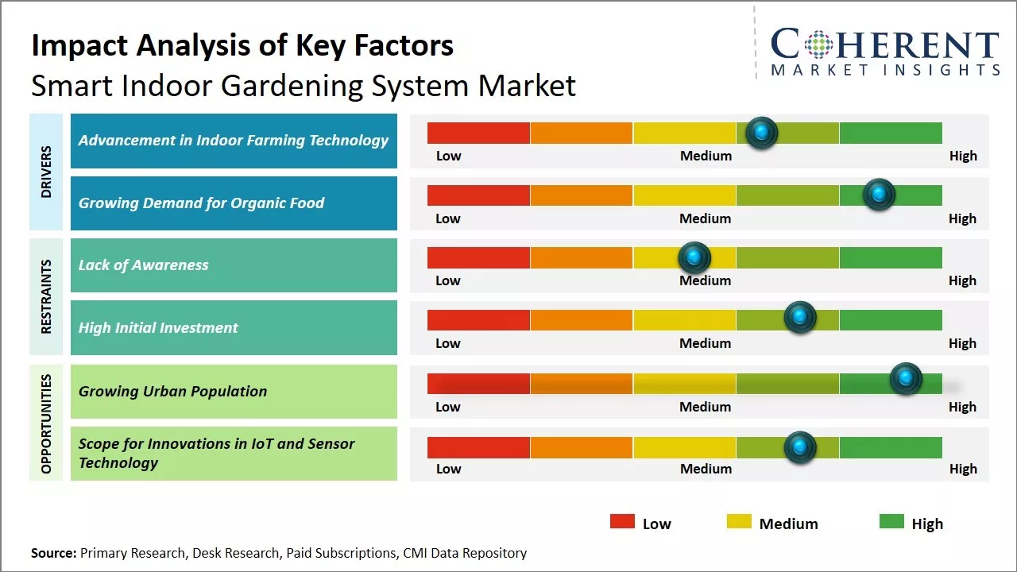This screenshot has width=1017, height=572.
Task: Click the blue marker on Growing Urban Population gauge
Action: tap(906, 379)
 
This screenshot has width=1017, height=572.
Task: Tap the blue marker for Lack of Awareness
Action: tap(694, 257)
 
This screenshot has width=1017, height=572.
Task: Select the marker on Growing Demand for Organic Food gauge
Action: tap(879, 195)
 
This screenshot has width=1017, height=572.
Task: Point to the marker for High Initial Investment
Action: tap(800, 318)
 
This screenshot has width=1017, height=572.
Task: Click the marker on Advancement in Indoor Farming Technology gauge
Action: tap(762, 133)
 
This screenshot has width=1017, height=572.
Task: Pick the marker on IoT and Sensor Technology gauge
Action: tap(800, 447)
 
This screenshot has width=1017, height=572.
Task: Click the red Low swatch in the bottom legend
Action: tap(622, 522)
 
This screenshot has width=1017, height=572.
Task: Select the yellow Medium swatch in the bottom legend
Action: tap(739, 522)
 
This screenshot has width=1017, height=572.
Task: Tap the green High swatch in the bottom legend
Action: tap(891, 522)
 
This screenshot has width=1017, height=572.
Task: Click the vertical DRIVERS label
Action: tap(46, 172)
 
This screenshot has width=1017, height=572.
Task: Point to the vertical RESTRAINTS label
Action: tap(46, 296)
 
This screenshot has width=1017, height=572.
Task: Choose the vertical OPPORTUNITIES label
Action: tap(46, 423)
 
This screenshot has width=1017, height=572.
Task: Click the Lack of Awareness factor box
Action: tap(234, 265)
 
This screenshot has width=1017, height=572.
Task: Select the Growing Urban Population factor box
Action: tap(234, 391)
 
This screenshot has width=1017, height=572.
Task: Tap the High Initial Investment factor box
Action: tap(234, 327)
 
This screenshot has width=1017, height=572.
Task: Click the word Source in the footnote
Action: tap(53, 553)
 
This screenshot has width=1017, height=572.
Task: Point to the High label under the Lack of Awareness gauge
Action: tap(962, 280)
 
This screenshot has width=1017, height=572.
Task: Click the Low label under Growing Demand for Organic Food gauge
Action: tap(448, 218)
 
